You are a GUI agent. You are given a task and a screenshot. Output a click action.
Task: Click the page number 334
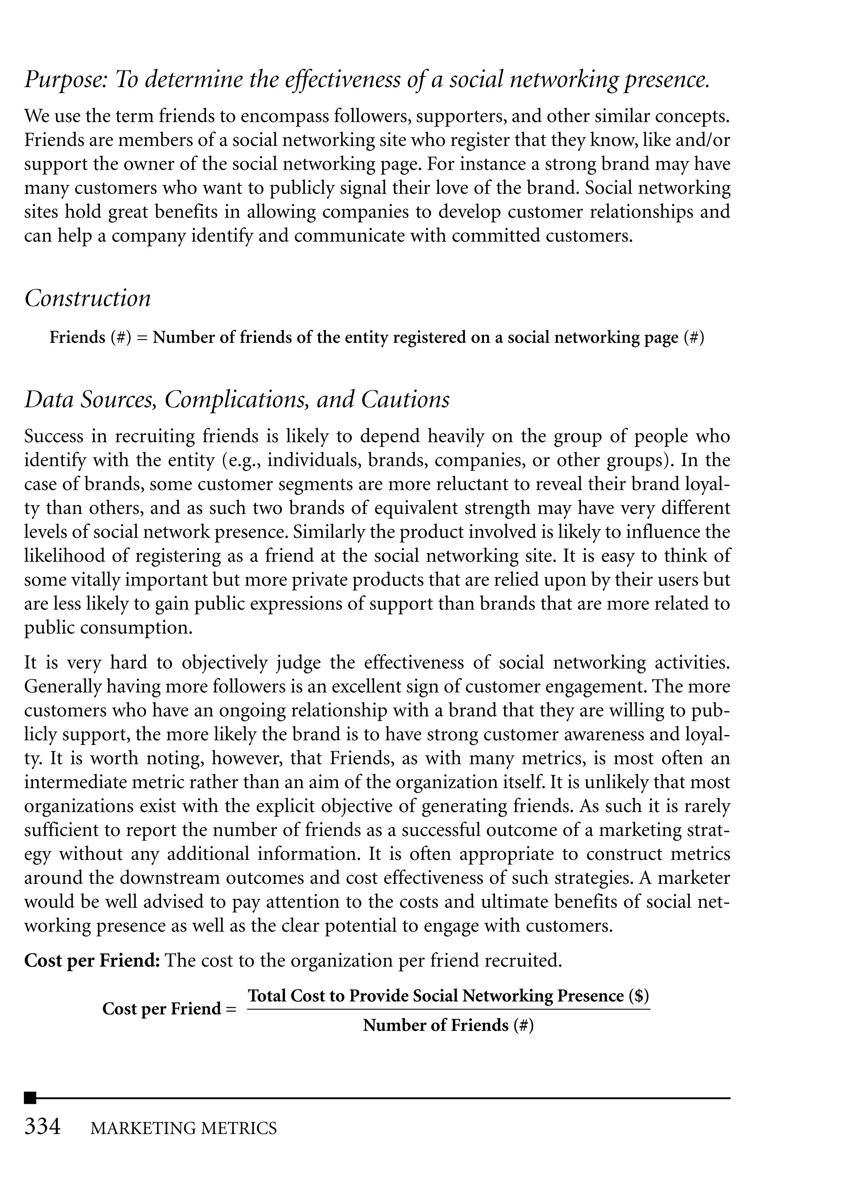[x=42, y=1127]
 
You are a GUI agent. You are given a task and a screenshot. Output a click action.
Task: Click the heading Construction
[x=87, y=299]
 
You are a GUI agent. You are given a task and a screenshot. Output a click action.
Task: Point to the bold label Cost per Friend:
[x=91, y=960]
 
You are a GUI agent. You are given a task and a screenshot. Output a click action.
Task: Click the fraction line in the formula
[x=448, y=1010]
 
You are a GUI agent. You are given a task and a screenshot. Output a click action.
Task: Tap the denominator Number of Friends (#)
[x=448, y=1026]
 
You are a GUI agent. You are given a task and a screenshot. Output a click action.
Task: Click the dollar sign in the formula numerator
[x=639, y=996]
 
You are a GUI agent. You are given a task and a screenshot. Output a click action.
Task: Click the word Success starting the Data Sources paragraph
[x=54, y=436]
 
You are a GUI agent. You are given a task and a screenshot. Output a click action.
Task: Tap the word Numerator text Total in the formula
[x=267, y=996]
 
